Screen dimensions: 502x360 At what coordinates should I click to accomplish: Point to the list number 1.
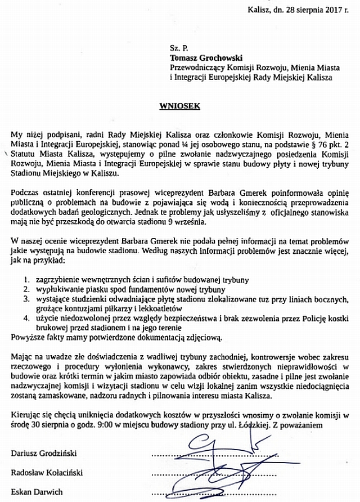[x=26, y=279]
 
